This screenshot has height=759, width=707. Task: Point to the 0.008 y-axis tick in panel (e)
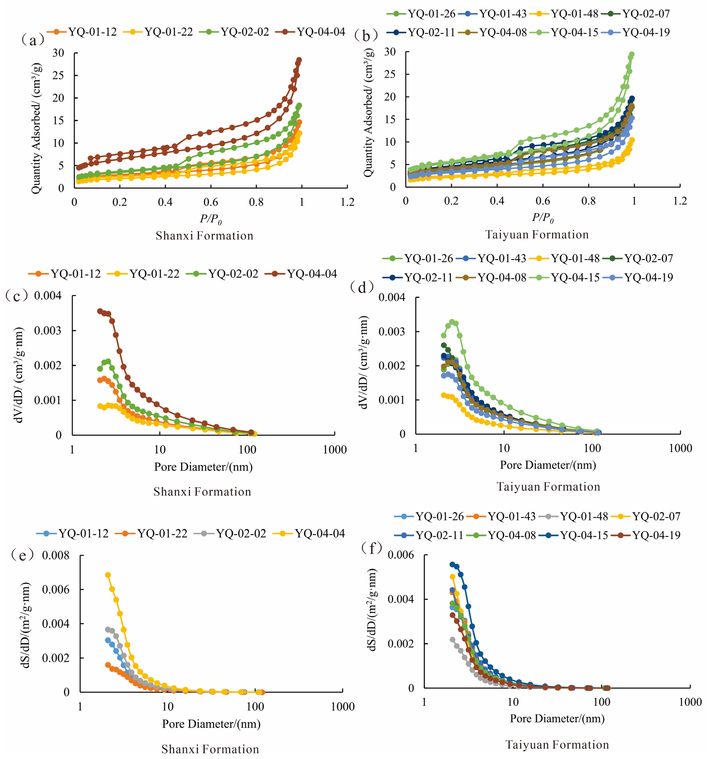tap(56, 555)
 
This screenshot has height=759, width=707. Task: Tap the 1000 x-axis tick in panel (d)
tap(680, 448)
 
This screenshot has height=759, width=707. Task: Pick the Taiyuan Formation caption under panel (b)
tap(537, 234)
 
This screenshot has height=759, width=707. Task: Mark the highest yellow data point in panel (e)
tap(108, 575)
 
